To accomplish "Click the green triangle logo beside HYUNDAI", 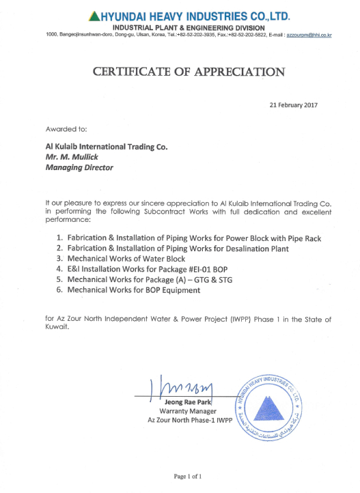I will pyautogui.click(x=95, y=15).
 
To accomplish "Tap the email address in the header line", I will pyautogui.click(x=309, y=33).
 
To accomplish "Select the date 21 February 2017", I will pyautogui.click(x=294, y=105).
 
